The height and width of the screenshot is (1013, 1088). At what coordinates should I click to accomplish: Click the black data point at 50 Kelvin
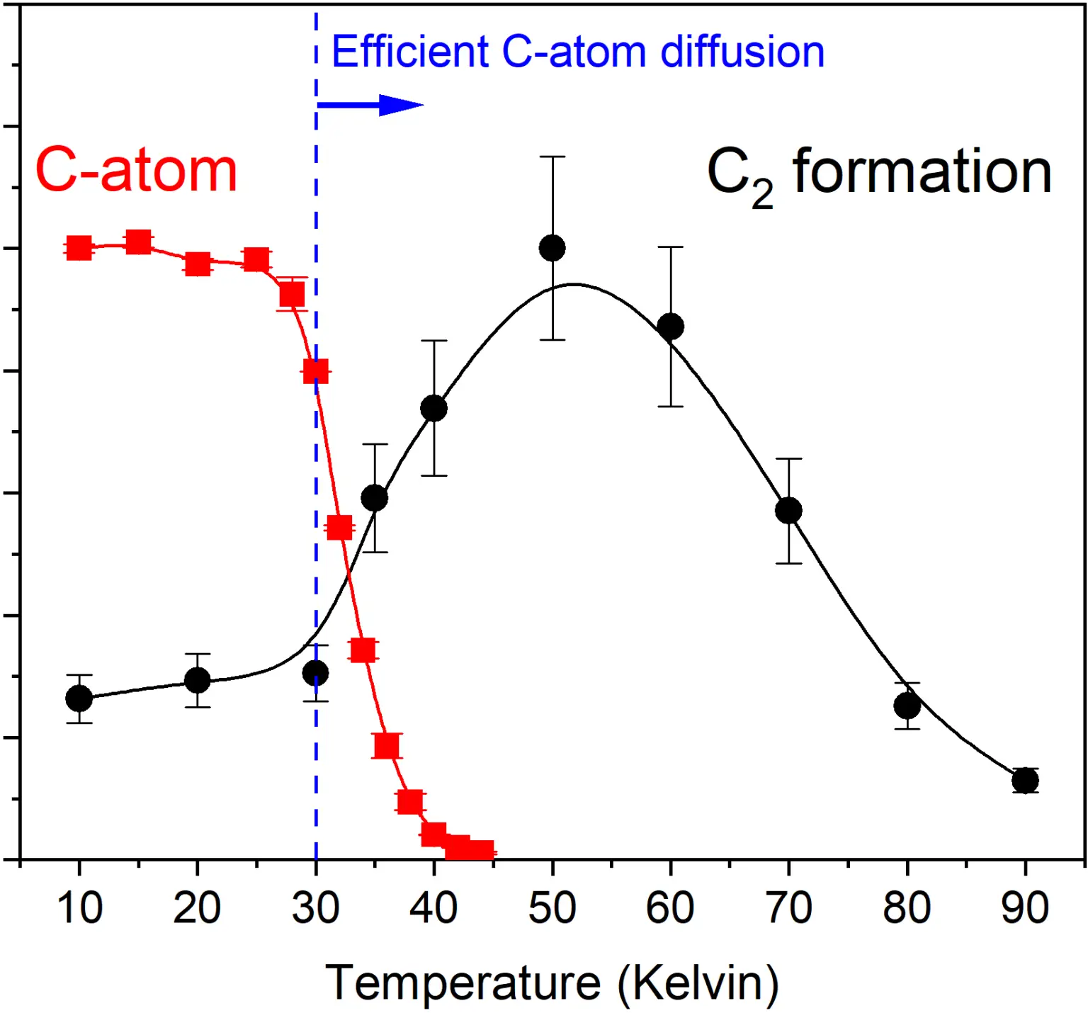pyautogui.click(x=552, y=248)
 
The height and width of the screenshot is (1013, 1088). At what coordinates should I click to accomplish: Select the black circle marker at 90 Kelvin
pyautogui.click(x=1025, y=781)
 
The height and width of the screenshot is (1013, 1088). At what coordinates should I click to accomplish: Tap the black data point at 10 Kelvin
pyautogui.click(x=79, y=698)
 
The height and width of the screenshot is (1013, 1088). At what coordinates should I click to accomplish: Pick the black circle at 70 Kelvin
pyautogui.click(x=788, y=511)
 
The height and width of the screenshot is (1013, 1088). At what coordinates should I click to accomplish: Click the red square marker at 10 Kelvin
pyautogui.click(x=79, y=249)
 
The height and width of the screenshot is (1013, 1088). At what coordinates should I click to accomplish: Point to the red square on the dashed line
pyautogui.click(x=316, y=370)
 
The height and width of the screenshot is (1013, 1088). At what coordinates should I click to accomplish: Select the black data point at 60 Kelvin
pyautogui.click(x=670, y=327)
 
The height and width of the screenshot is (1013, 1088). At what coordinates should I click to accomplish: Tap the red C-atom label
pyautogui.click(x=136, y=171)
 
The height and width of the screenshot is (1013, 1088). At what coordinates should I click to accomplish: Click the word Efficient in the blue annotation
pyautogui.click(x=410, y=52)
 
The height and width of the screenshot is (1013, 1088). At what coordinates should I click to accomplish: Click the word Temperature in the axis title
pyautogui.click(x=463, y=983)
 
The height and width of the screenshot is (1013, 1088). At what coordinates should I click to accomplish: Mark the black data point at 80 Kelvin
pyautogui.click(x=907, y=706)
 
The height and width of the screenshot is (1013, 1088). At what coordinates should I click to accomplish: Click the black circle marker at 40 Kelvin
pyautogui.click(x=433, y=408)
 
